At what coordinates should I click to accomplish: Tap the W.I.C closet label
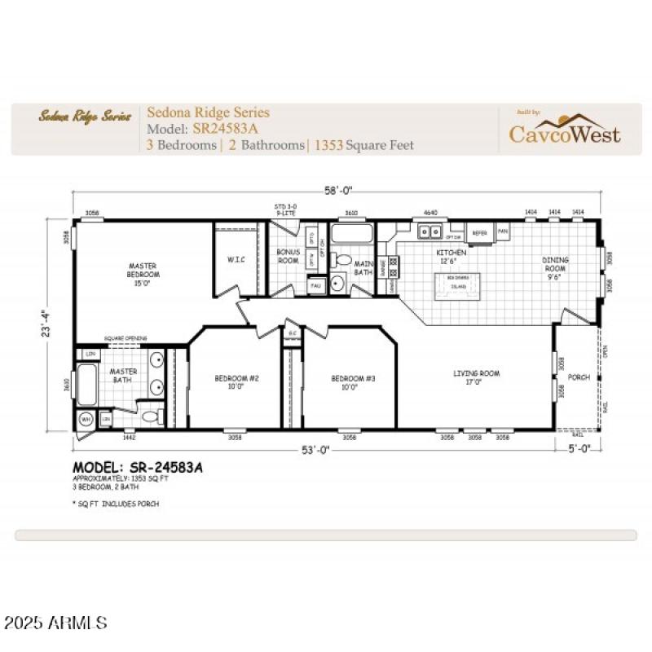236,259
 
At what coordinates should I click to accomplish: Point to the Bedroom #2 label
236,382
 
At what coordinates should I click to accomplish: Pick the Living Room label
477,377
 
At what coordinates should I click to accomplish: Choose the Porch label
579,377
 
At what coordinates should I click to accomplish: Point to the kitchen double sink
429,231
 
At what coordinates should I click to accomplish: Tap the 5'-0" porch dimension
584,449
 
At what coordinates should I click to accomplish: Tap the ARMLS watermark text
55,623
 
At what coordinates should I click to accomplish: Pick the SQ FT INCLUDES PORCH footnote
116,504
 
